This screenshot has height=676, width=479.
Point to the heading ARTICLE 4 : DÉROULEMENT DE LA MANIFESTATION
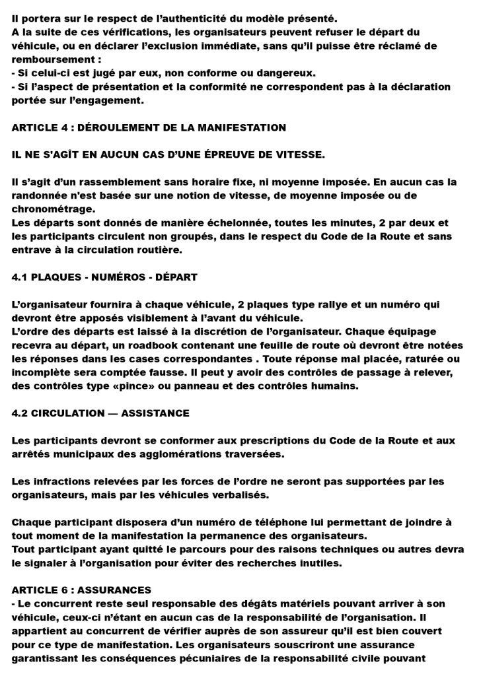[149, 127]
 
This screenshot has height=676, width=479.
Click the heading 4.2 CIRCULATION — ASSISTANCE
[100, 413]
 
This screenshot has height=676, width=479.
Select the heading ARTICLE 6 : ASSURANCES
[82, 590]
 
